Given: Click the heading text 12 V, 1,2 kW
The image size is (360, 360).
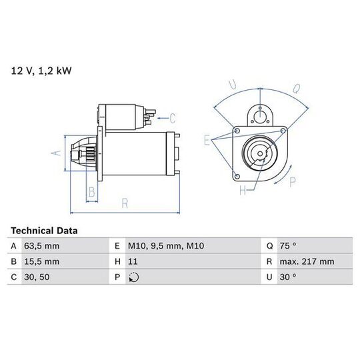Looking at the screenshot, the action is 41,71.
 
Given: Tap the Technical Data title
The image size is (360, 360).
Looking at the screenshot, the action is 44,231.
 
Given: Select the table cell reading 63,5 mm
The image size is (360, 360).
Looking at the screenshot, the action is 42,246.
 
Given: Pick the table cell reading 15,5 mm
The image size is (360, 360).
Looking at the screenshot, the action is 42,261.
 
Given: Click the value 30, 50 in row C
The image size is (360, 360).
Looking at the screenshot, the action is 37,277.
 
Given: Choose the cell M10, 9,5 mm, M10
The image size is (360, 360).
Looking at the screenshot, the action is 166,246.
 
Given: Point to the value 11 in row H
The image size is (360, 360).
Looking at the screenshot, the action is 133,261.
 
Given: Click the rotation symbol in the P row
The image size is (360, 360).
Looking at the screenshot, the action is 134,277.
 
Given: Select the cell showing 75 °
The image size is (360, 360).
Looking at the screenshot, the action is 288,246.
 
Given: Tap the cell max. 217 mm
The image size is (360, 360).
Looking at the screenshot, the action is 307,261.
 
